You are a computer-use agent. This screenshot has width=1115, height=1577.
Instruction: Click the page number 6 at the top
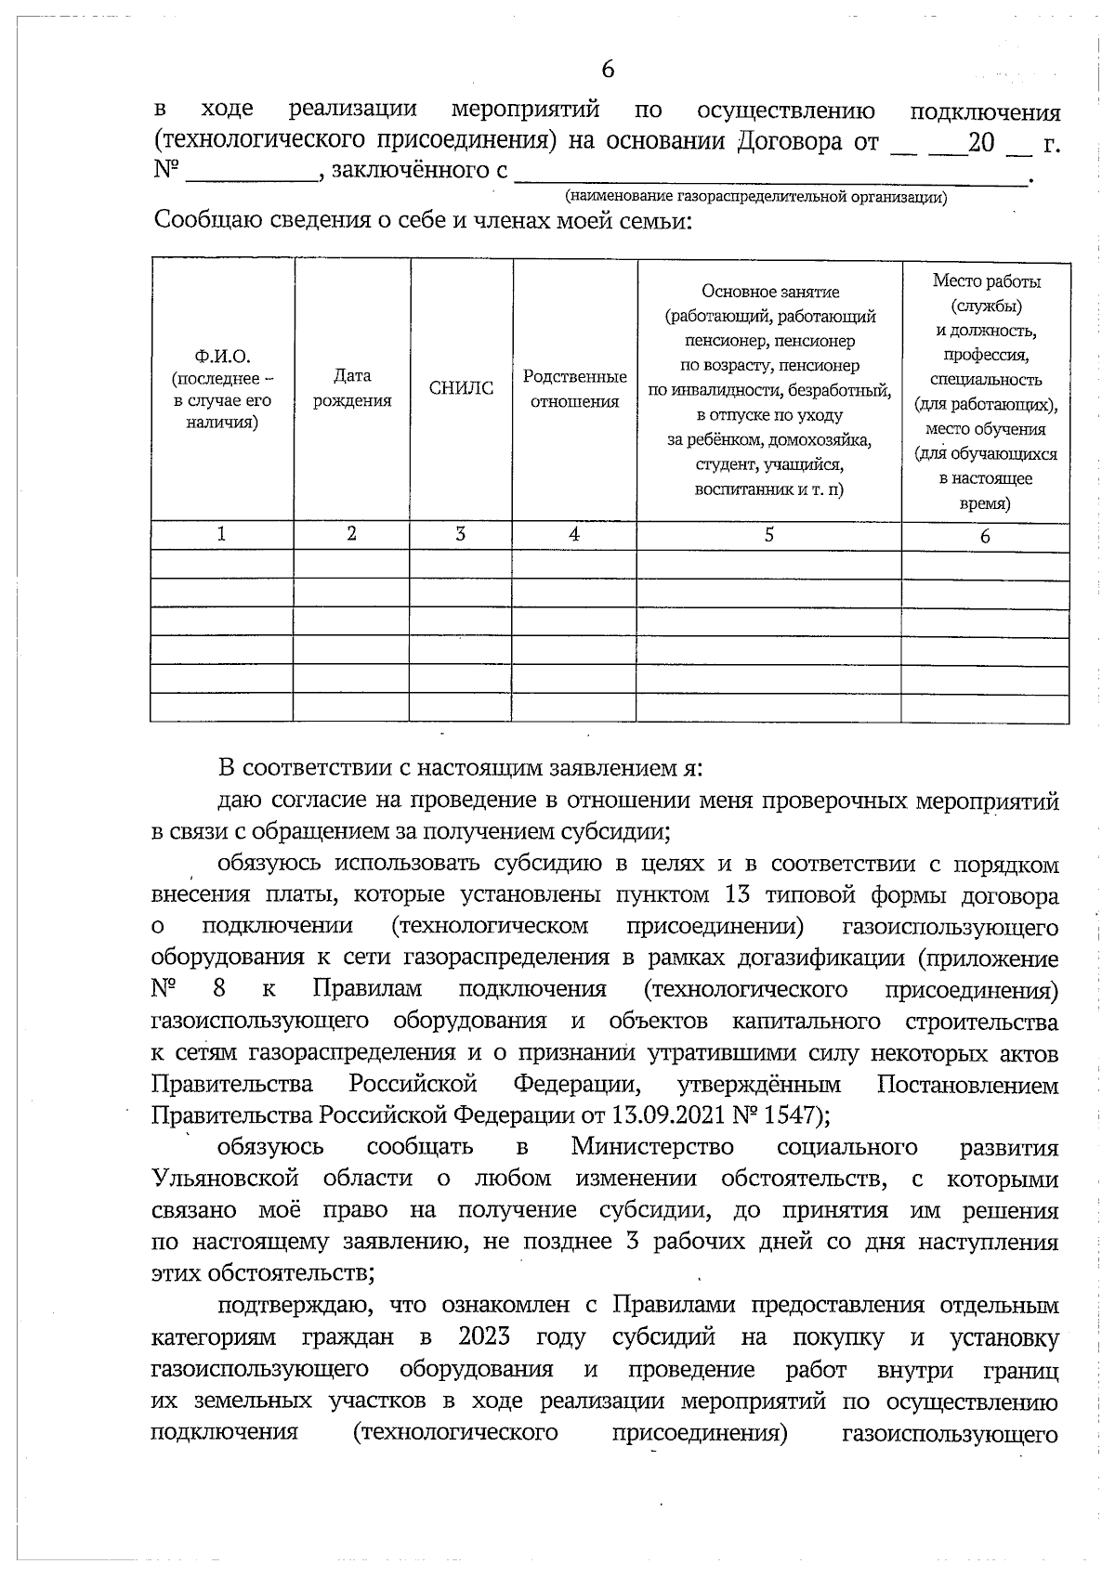(x=608, y=70)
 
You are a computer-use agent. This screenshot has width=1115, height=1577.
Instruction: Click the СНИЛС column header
(x=461, y=389)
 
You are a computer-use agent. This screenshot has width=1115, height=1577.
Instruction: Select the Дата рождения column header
(x=352, y=388)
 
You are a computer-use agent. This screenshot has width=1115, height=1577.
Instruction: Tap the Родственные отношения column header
(x=574, y=389)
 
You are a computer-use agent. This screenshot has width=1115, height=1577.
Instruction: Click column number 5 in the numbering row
(x=768, y=535)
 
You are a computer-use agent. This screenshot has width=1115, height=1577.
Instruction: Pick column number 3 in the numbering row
(x=461, y=535)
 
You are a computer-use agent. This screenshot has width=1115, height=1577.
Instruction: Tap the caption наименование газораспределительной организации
(x=755, y=197)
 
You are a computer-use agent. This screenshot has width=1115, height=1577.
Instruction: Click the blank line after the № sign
(x=251, y=173)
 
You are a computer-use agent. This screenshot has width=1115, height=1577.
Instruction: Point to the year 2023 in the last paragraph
(x=485, y=1337)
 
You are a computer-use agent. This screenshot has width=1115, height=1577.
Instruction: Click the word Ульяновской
(x=225, y=1179)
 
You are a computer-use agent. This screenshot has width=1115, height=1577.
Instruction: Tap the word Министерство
(x=652, y=1147)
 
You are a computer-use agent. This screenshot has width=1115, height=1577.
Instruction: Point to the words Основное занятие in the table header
(x=770, y=292)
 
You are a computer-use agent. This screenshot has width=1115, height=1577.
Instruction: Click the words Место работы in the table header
(x=986, y=281)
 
